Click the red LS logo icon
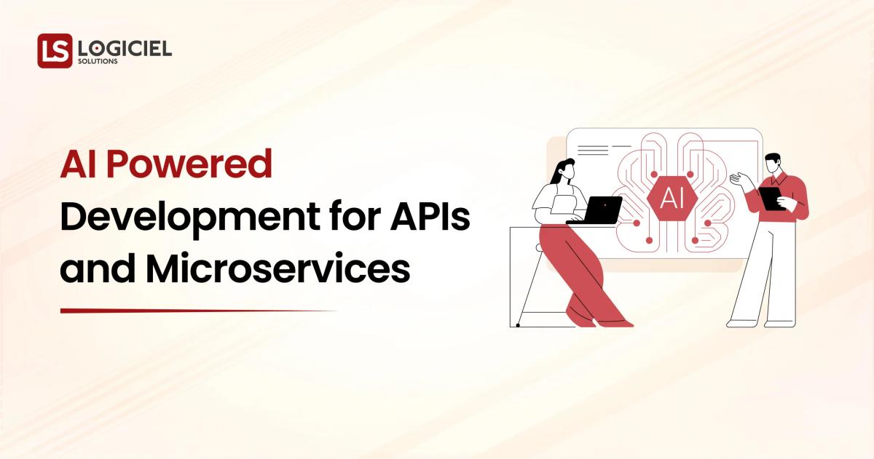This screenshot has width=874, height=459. [x=55, y=51]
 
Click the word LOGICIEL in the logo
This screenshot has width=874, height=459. [x=125, y=48]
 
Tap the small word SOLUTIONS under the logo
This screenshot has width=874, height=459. [x=96, y=62]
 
